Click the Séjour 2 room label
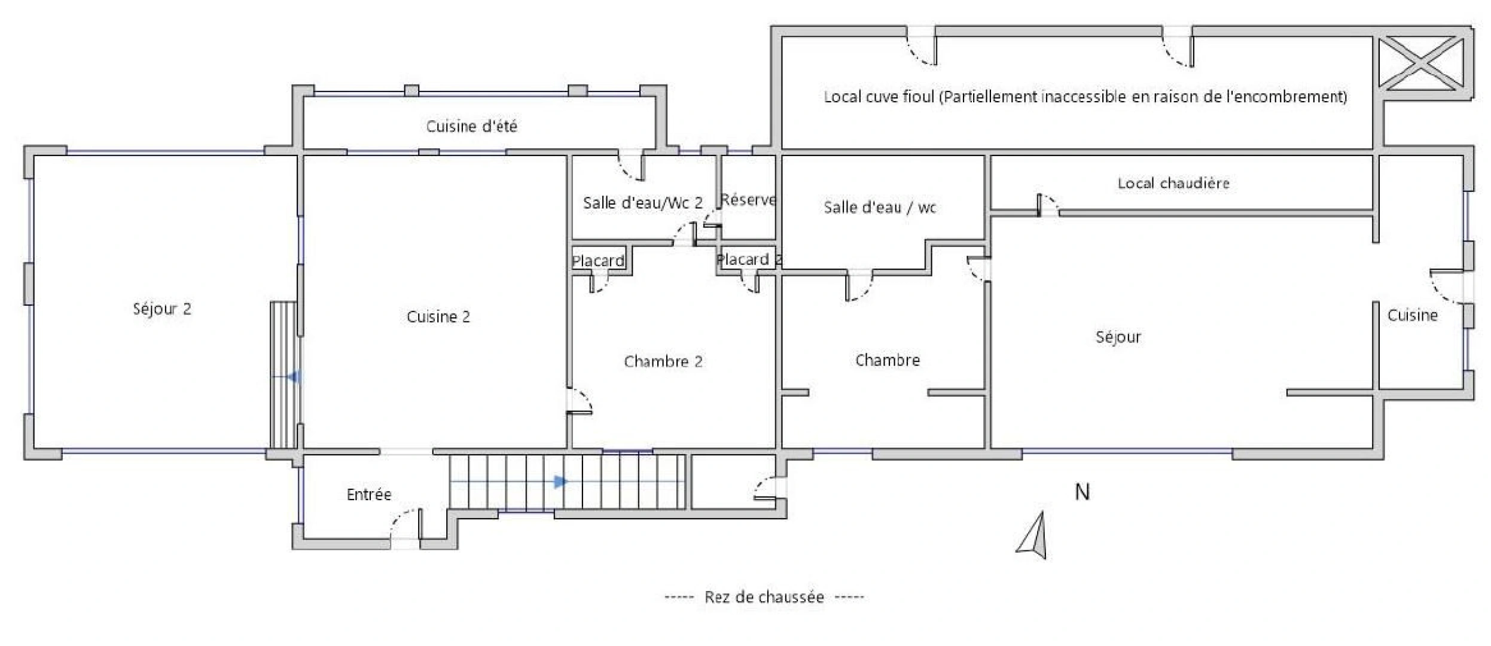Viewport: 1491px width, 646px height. point(161,309)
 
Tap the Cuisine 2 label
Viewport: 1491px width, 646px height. point(438,317)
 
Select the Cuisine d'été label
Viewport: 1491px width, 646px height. point(471,126)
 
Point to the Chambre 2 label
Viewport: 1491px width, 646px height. point(663,362)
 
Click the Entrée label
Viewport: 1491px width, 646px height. point(368,495)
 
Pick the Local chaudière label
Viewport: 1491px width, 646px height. point(1173,183)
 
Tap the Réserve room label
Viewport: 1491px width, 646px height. point(748,200)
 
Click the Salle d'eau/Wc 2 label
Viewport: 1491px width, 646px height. point(642,203)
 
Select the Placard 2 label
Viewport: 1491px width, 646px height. point(748,260)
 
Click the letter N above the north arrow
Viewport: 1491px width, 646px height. point(1082,492)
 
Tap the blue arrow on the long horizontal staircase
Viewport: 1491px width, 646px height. point(560,482)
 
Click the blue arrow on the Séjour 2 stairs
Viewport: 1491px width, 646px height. point(293,377)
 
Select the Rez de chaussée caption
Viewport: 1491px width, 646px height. point(764,597)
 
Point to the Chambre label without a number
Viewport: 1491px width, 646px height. point(887,361)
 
